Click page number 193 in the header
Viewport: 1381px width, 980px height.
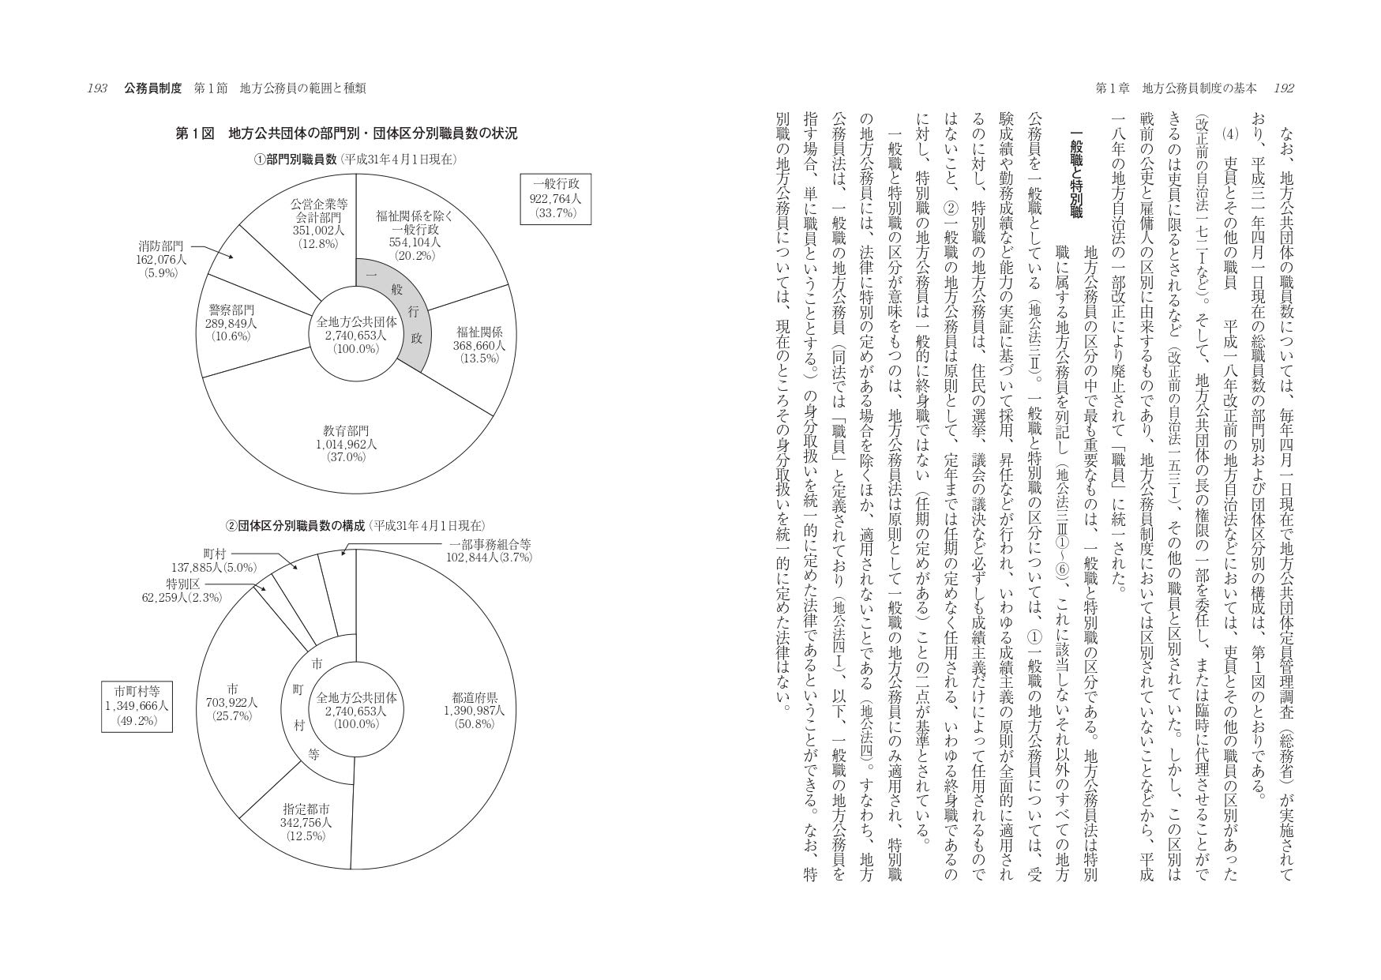tap(97, 88)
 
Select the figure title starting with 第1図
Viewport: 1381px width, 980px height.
tap(346, 133)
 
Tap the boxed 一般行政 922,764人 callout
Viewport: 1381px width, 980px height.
tap(555, 199)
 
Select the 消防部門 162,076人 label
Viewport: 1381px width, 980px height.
tap(161, 260)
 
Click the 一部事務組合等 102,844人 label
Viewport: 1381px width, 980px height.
tap(490, 550)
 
